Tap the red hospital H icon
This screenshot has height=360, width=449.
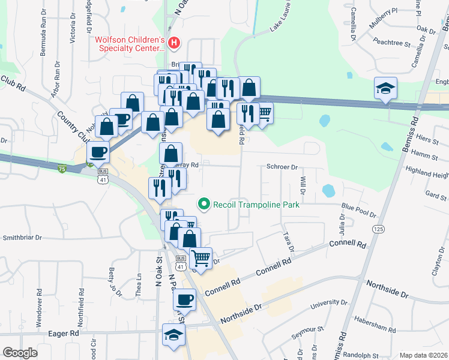pos(174,43)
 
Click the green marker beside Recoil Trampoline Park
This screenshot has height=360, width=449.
pos(204,205)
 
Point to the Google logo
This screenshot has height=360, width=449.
pos(20,353)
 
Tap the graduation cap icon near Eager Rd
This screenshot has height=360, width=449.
pos(174,335)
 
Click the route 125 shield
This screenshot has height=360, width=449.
pos(378,229)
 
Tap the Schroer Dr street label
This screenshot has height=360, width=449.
pos(282,167)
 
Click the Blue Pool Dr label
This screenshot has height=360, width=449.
pos(358,211)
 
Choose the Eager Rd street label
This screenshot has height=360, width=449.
pos(65,333)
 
